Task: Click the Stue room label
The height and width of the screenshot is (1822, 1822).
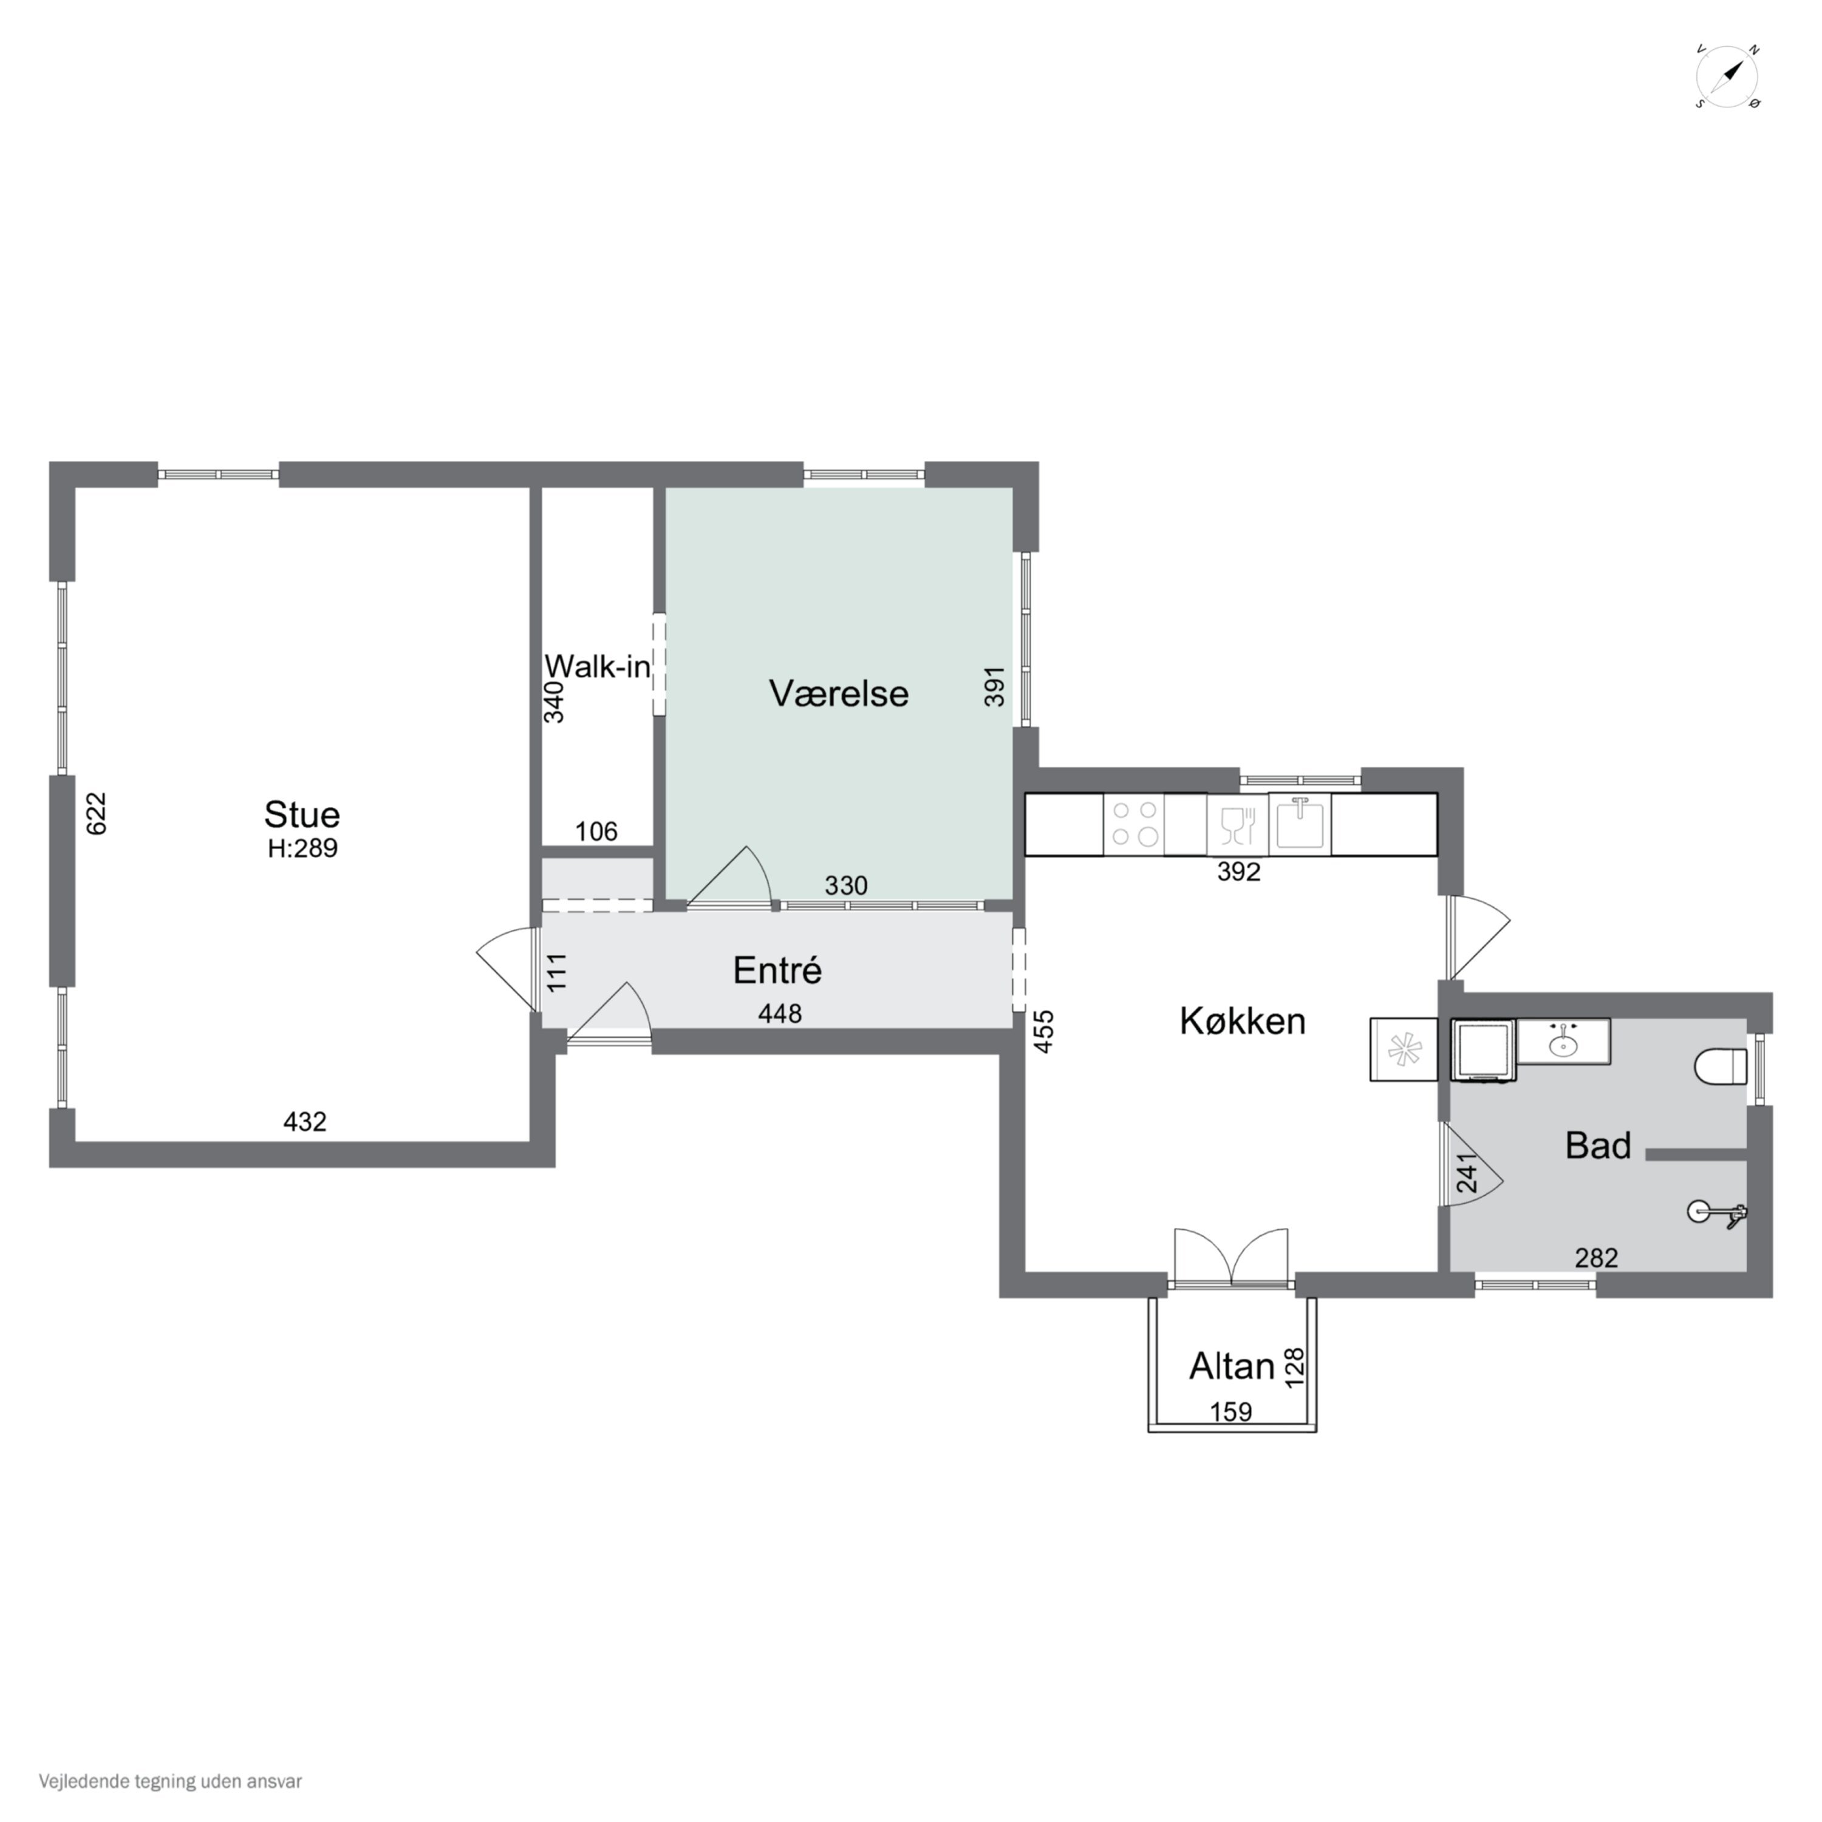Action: (302, 814)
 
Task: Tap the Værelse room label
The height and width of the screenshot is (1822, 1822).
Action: (838, 693)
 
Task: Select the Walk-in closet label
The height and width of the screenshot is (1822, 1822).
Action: (597, 667)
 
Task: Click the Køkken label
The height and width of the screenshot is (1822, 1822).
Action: (1242, 1020)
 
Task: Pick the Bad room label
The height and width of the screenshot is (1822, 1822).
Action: (1597, 1145)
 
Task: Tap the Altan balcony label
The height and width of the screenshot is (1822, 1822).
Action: (1232, 1365)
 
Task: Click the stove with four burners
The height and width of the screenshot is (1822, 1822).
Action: (1134, 824)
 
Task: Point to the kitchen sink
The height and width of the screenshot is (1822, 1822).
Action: (1300, 824)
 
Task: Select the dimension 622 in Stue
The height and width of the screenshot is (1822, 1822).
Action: (96, 813)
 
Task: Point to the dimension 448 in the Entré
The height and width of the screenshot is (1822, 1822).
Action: (780, 1013)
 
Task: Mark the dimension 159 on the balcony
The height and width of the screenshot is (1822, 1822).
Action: (1230, 1412)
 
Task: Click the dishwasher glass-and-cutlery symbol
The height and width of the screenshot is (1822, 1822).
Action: (1237, 825)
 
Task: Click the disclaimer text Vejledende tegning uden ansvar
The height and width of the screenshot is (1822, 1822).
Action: (170, 1781)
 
